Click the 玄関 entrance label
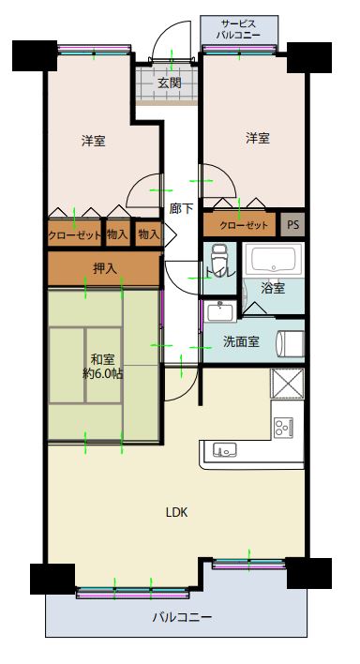click(x=170, y=83)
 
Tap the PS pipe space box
click(x=293, y=224)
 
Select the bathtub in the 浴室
click(x=273, y=259)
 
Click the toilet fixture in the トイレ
click(x=219, y=260)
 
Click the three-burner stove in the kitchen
click(x=283, y=427)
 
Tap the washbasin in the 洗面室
click(x=219, y=311)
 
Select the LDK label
click(x=176, y=512)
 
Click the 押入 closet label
click(x=105, y=268)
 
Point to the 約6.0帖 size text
click(x=103, y=373)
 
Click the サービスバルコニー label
click(x=239, y=29)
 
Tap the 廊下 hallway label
click(x=181, y=208)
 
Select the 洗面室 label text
click(x=241, y=341)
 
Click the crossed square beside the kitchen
click(x=287, y=384)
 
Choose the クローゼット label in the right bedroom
click(x=244, y=225)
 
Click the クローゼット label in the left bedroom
click(x=75, y=234)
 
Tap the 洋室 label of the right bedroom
click(x=258, y=138)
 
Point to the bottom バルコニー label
click(x=182, y=617)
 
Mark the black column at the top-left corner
click(x=35, y=55)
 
